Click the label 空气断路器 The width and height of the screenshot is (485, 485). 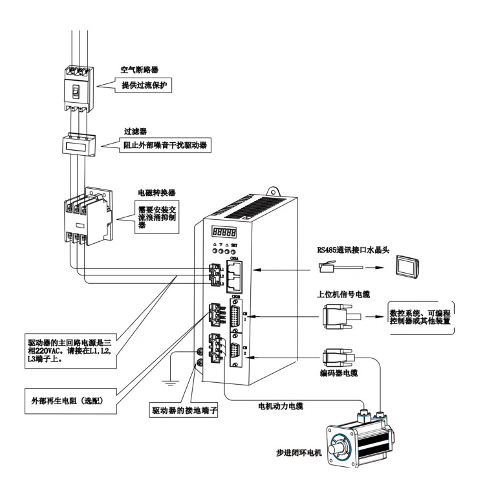click(140, 69)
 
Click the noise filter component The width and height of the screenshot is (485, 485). click(80, 145)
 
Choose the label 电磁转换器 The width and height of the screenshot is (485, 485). click(157, 193)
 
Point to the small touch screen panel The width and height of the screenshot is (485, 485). click(408, 265)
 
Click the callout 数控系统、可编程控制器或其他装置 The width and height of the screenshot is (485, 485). click(420, 317)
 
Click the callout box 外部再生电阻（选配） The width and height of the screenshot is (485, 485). click(72, 393)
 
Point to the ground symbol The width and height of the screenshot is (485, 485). click(170, 383)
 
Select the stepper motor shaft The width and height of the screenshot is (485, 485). click(336, 448)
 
